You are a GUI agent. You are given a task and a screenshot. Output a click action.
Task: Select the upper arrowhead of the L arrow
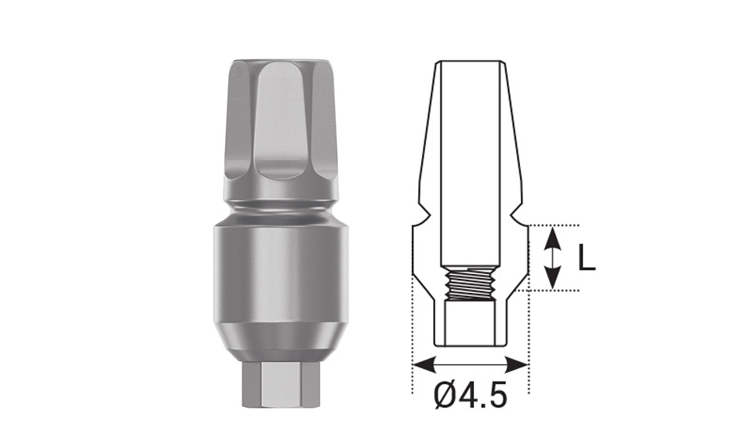click(x=553, y=234)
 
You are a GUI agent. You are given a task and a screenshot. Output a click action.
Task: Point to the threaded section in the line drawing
click(x=469, y=282)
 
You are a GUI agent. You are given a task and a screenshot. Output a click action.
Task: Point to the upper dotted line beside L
click(x=549, y=225)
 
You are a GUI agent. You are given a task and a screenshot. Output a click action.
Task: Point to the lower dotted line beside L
click(x=549, y=291)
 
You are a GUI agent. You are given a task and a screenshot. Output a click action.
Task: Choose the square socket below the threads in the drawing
click(x=469, y=322)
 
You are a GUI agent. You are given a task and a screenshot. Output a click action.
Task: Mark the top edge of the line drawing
click(x=469, y=62)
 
